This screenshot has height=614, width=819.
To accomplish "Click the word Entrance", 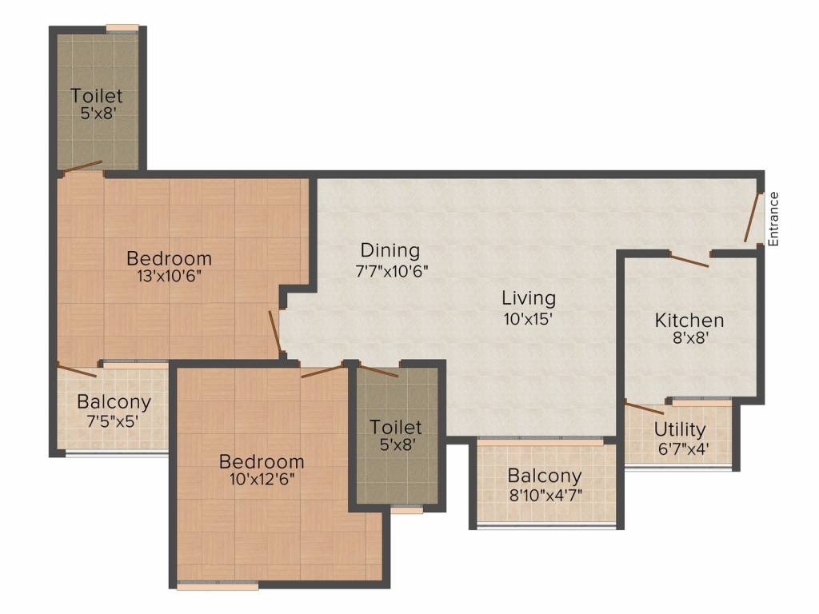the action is pyautogui.click(x=773, y=219).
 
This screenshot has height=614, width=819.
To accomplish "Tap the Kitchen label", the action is pyautogui.click(x=689, y=320).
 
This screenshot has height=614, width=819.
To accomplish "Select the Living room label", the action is pyautogui.click(x=529, y=299).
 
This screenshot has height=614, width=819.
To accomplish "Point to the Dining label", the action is pyautogui.click(x=390, y=250).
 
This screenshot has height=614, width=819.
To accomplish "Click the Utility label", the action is pyautogui.click(x=680, y=429).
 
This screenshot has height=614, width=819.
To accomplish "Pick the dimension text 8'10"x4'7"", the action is pyautogui.click(x=545, y=494).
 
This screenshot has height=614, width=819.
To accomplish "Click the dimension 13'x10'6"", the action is pyautogui.click(x=170, y=276).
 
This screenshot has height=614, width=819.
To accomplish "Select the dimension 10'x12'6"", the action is pyautogui.click(x=262, y=479).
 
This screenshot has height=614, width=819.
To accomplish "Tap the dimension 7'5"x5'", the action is pyautogui.click(x=113, y=421).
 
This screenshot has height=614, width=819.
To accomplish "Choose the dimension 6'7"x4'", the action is pyautogui.click(x=683, y=449).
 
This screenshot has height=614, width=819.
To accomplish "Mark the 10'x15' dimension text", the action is pyautogui.click(x=528, y=318).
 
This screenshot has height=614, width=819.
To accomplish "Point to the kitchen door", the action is pyautogui.click(x=689, y=260).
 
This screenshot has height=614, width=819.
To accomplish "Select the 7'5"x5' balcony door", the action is pyautogui.click(x=77, y=369).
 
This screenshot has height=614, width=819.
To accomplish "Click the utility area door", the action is pyautogui.click(x=645, y=408).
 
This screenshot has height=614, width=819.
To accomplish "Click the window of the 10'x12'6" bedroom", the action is pyautogui.click(x=218, y=585).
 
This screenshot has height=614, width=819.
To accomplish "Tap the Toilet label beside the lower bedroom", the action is pyautogui.click(x=396, y=427).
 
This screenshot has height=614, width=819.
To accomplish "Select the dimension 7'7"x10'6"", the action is pyautogui.click(x=392, y=271).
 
